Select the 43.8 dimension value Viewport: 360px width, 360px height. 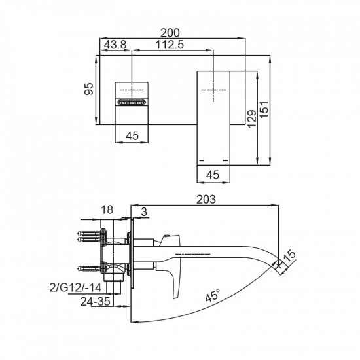tap(113, 45)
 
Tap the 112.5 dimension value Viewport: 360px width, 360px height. tap(170, 45)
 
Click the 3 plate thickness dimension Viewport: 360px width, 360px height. tap(143, 209)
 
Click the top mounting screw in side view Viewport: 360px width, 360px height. tap(89, 234)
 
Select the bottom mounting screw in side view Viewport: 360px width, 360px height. tap(90, 267)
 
